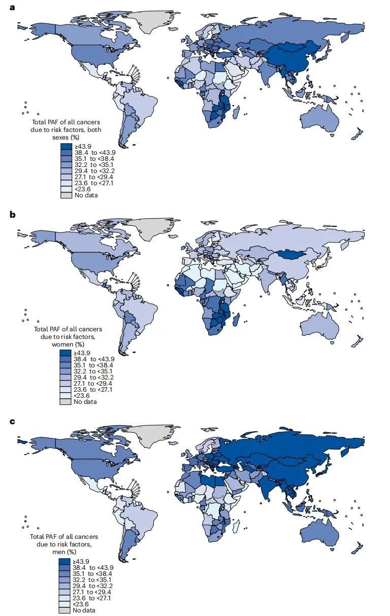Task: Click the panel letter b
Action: [x=12, y=215]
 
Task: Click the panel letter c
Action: [x=12, y=421]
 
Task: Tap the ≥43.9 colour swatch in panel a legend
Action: [x=66, y=147]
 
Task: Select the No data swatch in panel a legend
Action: [x=66, y=195]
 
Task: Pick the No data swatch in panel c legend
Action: [x=65, y=610]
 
